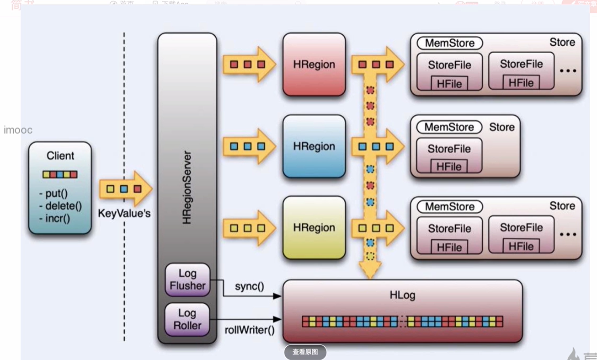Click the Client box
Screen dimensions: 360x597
pos(60,188)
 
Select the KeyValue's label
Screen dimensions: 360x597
pos(124,214)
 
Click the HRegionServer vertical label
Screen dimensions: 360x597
pos(187,188)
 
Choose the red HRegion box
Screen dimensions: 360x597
pos(314,64)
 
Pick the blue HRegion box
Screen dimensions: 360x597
pos(314,146)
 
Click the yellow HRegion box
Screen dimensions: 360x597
pos(314,228)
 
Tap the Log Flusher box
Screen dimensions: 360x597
pos(187,279)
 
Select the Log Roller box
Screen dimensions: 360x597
pos(187,319)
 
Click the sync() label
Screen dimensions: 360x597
pos(249,287)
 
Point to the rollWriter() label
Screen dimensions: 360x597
pos(250,330)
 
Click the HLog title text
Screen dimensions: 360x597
pos(402,295)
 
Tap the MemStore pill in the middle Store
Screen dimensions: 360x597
pos(449,127)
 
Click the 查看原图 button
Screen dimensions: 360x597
pos(305,352)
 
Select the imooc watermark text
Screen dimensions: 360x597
pos(18,130)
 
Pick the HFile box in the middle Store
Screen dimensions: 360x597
pos(449,167)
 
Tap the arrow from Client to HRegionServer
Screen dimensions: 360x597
pos(125,188)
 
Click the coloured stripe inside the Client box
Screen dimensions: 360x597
pos(60,174)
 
